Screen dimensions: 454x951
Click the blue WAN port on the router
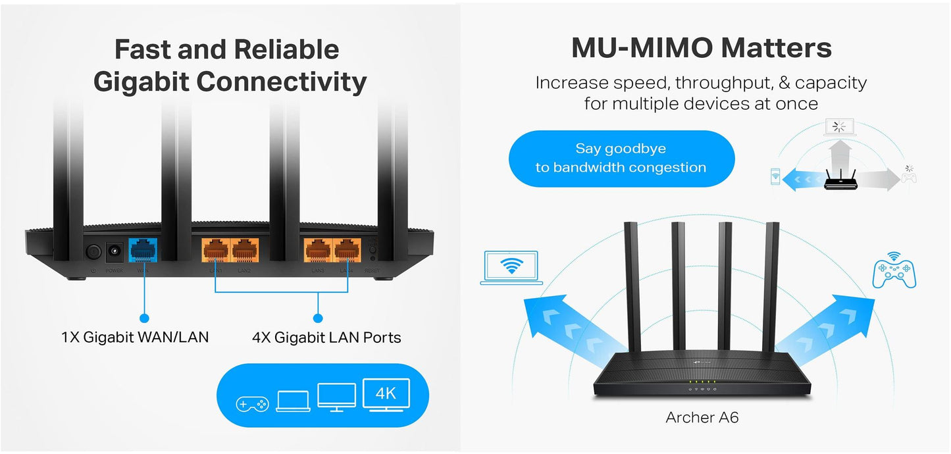coord(142,250)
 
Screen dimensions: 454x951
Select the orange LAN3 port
coord(317,251)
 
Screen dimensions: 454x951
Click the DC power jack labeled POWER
coord(116,251)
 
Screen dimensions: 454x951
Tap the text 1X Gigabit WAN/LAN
coord(135,338)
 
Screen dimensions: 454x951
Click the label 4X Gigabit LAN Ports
coord(326,338)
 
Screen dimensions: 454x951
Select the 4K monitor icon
coord(386,395)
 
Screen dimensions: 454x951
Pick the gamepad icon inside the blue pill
coord(252,403)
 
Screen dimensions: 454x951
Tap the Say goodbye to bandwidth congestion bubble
coord(621,158)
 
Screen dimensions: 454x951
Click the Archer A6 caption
coord(702,417)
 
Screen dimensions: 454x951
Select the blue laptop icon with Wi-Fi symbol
coord(511,267)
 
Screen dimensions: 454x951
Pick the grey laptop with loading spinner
coord(838,128)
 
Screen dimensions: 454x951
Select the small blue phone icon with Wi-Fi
coord(775,176)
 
